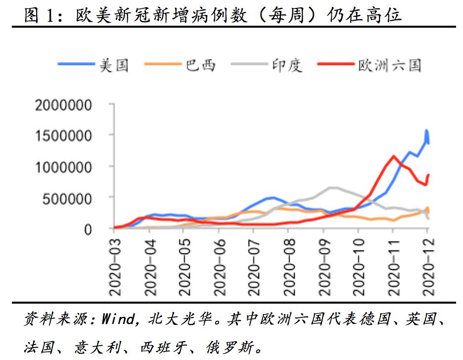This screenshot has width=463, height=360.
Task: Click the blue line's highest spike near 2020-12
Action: [426, 131]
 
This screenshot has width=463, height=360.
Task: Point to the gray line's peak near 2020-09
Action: [332, 187]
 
